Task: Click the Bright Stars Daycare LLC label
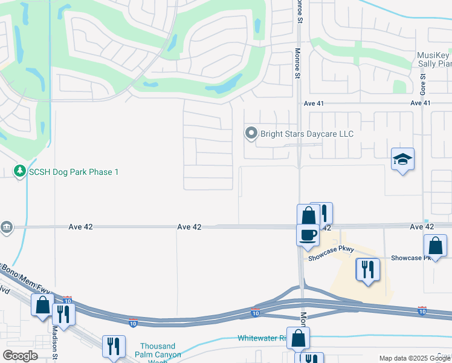306,134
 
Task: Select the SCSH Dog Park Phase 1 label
74,172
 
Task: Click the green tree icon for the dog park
19,172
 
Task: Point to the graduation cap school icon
402,160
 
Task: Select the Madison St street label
54,342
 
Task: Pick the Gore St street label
423,85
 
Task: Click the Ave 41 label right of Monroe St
420,103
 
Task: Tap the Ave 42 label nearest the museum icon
80,227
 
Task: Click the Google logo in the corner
20,356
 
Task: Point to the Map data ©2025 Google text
414,358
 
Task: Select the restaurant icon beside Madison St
63,313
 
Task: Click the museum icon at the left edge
6,226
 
